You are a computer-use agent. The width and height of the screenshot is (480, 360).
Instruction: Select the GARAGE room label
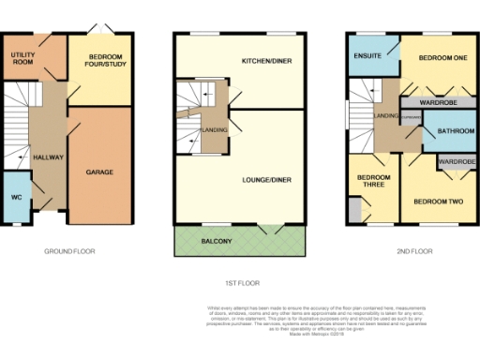point(99,173)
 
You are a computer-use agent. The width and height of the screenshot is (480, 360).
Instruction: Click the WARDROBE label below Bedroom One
point(437,100)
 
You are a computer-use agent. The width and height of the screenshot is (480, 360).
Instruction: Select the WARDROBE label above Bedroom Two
point(457,161)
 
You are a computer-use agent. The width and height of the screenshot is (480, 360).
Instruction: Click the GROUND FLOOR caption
point(70,251)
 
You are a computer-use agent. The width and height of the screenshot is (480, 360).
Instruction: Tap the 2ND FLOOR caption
point(414,251)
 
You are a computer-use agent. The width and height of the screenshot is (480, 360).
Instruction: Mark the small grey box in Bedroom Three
point(352,211)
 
